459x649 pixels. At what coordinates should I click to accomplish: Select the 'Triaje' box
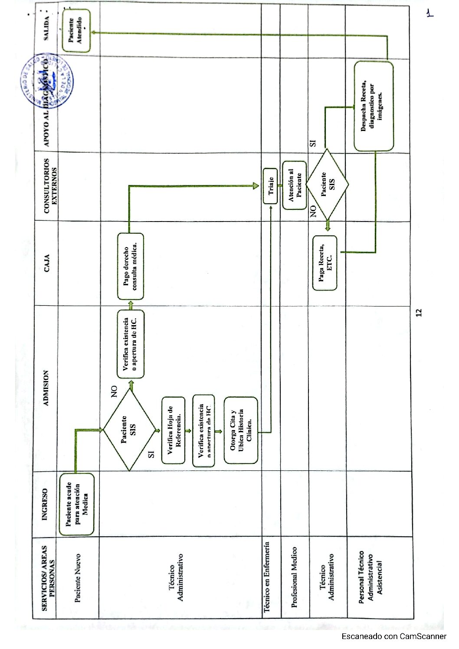(270, 186)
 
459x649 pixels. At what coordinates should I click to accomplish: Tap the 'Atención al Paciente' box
(295, 185)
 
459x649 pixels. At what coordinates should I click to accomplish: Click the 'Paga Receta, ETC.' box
(325, 263)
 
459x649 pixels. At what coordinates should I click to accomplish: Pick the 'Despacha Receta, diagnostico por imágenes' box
(373, 106)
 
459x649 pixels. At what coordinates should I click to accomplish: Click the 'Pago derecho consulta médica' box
(130, 266)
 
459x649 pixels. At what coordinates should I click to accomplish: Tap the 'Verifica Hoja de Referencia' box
(173, 430)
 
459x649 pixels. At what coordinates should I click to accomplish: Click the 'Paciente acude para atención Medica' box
(76, 504)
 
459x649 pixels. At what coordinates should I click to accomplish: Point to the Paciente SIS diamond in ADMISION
(129, 430)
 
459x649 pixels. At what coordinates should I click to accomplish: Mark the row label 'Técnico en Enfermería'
(267, 577)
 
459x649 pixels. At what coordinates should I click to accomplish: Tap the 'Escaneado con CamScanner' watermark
(393, 636)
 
